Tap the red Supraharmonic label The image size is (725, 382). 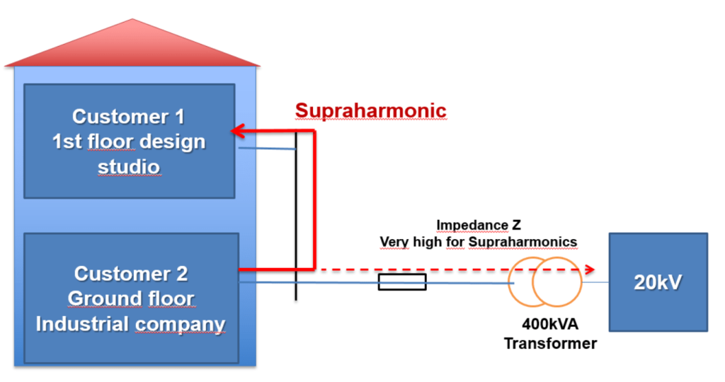pyautogui.click(x=370, y=110)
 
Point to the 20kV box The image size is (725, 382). pyautogui.click(x=658, y=282)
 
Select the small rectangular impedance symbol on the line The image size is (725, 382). pyautogui.click(x=402, y=283)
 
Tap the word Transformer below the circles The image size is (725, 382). pyautogui.click(x=550, y=344)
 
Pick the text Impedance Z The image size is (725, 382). pyautogui.click(x=479, y=226)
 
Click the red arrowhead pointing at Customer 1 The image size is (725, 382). pyautogui.click(x=238, y=131)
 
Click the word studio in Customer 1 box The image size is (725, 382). pyautogui.click(x=129, y=167)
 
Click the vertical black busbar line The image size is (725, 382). pyautogui.click(x=296, y=212)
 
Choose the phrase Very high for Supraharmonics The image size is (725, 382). pyautogui.click(x=479, y=242)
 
